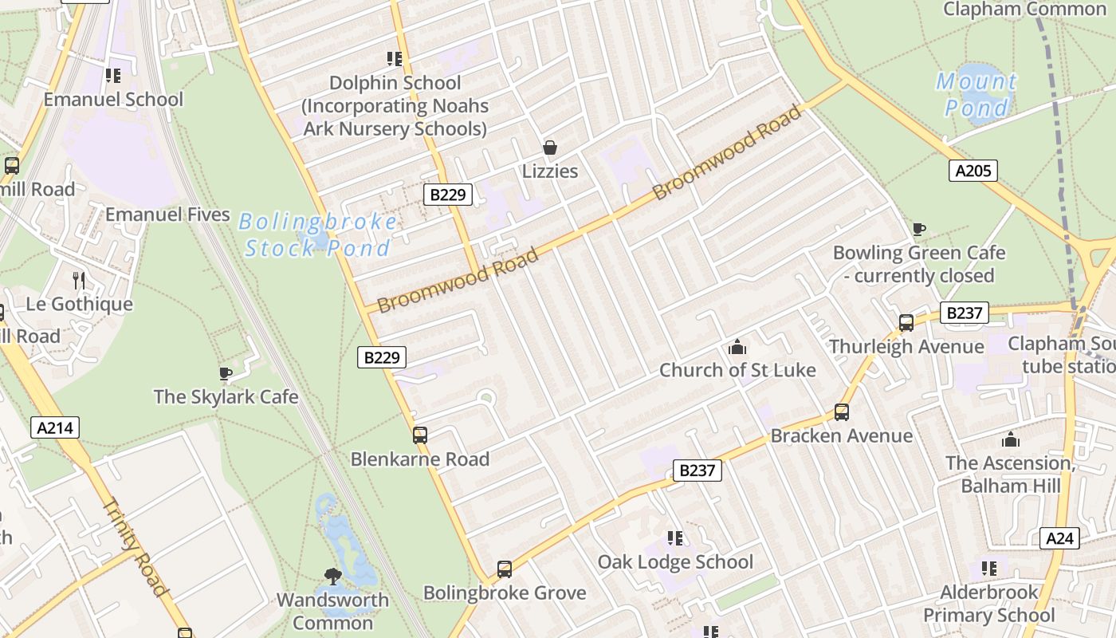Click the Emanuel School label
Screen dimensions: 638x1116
[x=113, y=100]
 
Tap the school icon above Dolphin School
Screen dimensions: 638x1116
[x=394, y=58]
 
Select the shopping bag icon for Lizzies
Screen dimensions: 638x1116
[x=550, y=148]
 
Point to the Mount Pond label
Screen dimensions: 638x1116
[x=976, y=94]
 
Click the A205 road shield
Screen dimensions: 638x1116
[x=973, y=170]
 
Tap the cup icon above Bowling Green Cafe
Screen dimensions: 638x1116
[x=919, y=230]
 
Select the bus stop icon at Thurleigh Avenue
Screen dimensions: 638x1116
[x=906, y=323]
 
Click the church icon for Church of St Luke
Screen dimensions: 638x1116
[x=737, y=347]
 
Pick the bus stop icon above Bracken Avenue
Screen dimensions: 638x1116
[x=842, y=412]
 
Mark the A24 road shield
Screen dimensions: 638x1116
[x=1059, y=538]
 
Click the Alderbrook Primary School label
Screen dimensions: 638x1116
[x=989, y=604]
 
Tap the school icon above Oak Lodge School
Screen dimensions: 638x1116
[x=675, y=538]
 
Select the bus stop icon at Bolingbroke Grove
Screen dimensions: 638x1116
[x=505, y=569]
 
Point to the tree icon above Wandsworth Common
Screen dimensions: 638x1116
[x=333, y=576]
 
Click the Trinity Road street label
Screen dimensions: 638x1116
[x=136, y=546]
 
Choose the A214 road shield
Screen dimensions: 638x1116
[x=56, y=427]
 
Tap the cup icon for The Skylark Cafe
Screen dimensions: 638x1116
[x=226, y=373]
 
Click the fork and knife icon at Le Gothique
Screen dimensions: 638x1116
[x=79, y=280]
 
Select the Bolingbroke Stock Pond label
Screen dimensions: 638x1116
[x=318, y=234]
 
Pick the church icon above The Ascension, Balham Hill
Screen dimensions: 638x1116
[x=1011, y=439]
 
